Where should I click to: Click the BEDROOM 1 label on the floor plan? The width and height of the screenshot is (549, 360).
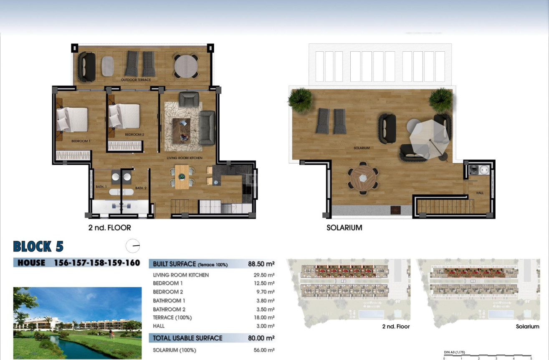(x=81, y=141)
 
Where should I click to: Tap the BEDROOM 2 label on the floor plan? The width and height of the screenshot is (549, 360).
(x=134, y=135)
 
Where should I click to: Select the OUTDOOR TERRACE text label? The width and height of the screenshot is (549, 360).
(x=136, y=80)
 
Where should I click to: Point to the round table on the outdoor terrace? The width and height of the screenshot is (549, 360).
(x=186, y=66)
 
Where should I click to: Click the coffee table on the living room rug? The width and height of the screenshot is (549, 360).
(x=181, y=130)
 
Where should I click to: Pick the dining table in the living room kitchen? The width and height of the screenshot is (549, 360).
(x=182, y=177)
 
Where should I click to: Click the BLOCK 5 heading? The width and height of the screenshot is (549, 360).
(x=38, y=247)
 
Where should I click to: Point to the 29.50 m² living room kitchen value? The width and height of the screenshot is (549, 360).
(x=265, y=275)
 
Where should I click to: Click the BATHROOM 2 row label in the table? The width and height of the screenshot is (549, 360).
(x=169, y=310)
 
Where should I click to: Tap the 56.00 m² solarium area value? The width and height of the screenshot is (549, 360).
(x=265, y=350)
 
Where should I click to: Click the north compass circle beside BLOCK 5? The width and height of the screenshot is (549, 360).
(x=133, y=246)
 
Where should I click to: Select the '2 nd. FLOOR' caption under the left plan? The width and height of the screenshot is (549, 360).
(x=109, y=228)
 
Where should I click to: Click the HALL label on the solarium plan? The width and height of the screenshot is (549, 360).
(x=480, y=193)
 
